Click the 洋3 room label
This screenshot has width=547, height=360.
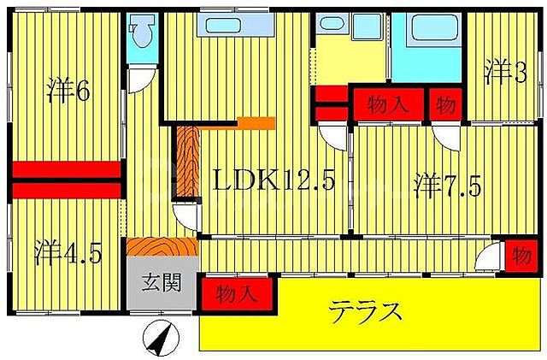[x=507, y=72]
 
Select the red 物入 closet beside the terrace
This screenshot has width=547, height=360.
[x=237, y=293]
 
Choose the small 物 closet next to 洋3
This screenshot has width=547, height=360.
[x=446, y=104]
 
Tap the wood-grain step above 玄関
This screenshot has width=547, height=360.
[x=162, y=246]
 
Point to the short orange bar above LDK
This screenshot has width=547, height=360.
[x=254, y=123]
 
